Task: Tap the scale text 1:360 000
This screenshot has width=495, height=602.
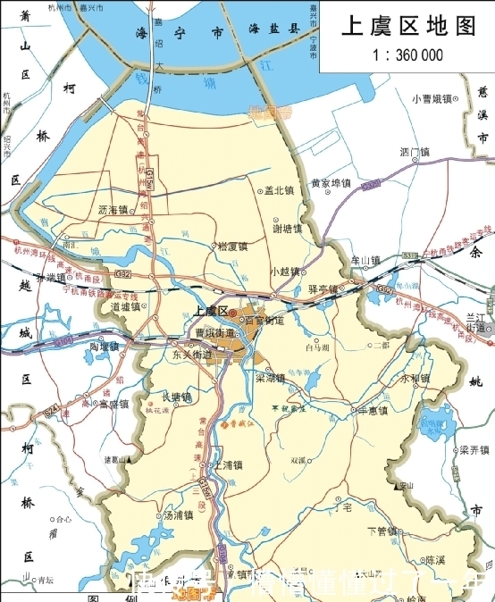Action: coord(407,54)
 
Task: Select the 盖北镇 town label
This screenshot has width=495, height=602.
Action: coord(280,190)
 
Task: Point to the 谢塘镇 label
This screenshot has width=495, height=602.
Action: coord(287,228)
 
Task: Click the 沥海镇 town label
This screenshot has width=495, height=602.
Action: coord(114,210)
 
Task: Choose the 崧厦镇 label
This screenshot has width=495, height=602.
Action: coord(231,246)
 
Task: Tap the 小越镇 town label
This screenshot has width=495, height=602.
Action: coord(285,271)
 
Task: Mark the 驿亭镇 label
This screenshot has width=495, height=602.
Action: coord(323,289)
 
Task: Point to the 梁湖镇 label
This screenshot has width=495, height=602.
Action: coord(271,378)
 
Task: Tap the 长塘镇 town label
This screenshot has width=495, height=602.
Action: coord(176,397)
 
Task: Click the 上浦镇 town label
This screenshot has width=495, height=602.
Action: coord(227,465)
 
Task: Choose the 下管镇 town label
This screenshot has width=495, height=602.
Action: coord(383,531)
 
